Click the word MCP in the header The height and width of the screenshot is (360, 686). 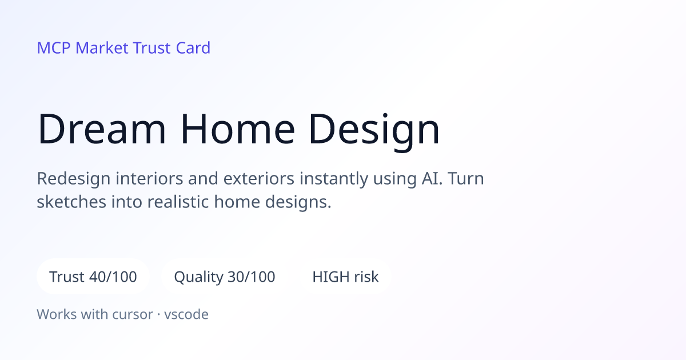point(54,48)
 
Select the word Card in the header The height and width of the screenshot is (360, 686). point(193,48)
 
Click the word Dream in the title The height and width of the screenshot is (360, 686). point(102,129)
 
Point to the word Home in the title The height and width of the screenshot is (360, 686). point(238,129)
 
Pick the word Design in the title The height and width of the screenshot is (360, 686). point(374,131)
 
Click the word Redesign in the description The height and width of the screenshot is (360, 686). point(74,179)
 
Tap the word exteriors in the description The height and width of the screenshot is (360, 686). point(259,178)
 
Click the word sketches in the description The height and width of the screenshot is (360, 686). point(71,202)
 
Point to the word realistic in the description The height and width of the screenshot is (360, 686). point(178,202)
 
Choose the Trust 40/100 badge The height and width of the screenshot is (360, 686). point(93,277)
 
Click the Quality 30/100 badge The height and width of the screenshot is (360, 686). point(225,277)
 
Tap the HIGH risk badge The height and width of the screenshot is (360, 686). point(345,277)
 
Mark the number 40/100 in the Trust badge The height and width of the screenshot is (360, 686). point(113,277)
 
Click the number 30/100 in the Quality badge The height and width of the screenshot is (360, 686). point(252,277)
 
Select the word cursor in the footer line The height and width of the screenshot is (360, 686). point(133,315)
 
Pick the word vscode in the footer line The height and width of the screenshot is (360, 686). point(186,314)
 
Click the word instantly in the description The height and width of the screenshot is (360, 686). point(334,179)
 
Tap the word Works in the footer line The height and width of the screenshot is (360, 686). point(57,314)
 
